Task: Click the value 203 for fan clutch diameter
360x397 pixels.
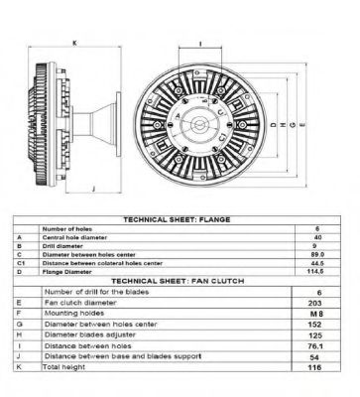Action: coord(314,303)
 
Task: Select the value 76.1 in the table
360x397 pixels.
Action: coord(315,346)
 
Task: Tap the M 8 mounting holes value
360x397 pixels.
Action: coord(316,314)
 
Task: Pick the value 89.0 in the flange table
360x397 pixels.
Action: coord(317,254)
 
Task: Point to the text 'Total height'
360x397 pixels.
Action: coord(63,367)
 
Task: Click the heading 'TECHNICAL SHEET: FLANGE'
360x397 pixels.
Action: coord(177,219)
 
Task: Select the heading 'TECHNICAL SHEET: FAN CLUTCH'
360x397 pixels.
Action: coord(178,281)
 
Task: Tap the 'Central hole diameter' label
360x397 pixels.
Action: coord(74,237)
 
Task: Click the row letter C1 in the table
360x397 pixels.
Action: coord(21,263)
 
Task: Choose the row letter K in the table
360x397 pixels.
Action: coord(19,367)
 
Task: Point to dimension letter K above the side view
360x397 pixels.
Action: coord(74,43)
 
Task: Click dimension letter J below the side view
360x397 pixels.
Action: coord(93,189)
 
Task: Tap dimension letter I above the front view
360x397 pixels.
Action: coord(200,44)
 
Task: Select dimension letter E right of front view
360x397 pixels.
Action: coord(302,125)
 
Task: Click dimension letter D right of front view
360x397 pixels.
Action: coord(273,125)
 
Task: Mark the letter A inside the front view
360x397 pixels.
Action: coord(178,116)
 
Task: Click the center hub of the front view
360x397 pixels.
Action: coord(198,125)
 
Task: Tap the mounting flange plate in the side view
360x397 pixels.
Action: coord(118,124)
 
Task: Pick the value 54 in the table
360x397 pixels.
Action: coord(314,357)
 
